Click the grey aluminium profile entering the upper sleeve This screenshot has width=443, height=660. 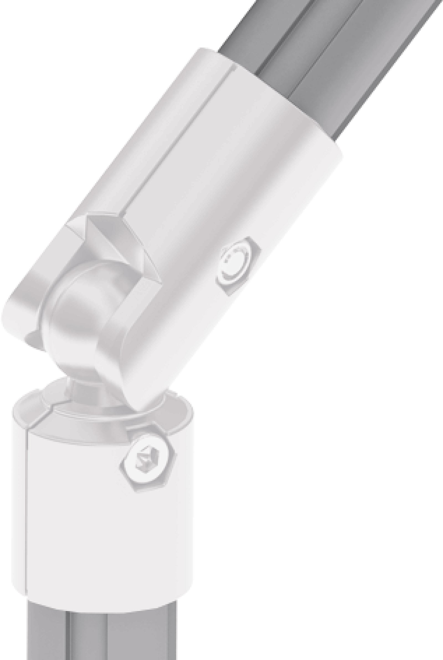(325, 71)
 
